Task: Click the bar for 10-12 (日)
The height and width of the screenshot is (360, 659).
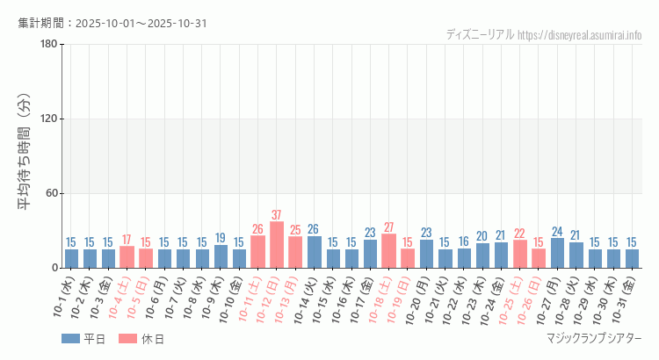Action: (x=277, y=245)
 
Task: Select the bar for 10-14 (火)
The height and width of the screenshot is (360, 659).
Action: (x=315, y=252)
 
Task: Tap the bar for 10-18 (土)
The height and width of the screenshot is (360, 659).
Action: (x=389, y=251)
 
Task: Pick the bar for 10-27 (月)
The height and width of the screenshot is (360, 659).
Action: (x=557, y=253)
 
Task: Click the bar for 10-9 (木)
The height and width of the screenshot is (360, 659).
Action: (x=221, y=256)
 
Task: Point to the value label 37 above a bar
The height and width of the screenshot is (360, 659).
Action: (x=277, y=215)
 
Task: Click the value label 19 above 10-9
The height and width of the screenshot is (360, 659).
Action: (x=221, y=238)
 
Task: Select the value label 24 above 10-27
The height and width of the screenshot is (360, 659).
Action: (x=557, y=232)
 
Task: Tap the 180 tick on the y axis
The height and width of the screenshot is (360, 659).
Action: (x=48, y=45)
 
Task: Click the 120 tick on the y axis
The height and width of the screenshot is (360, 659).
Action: (x=48, y=119)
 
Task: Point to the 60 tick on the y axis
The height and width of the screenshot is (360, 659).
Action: (x=51, y=193)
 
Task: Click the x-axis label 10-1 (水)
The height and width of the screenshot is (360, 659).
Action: (x=64, y=299)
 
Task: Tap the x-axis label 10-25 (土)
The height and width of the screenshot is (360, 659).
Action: (x=513, y=299)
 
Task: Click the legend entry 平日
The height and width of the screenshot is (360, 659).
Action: (x=83, y=339)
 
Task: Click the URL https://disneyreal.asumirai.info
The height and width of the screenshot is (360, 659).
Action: (x=579, y=35)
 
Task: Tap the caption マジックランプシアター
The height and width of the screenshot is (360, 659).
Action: (x=593, y=339)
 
